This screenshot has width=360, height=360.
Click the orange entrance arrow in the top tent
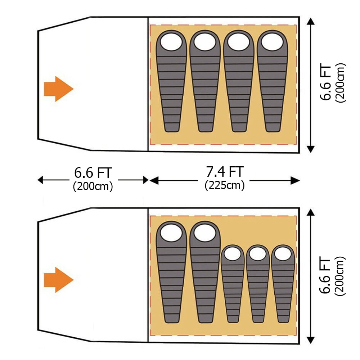click(x=59, y=89)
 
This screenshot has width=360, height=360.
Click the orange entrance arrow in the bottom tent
click(x=59, y=280)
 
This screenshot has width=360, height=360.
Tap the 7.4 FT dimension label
click(x=225, y=172)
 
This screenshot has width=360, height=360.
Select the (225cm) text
click(x=225, y=185)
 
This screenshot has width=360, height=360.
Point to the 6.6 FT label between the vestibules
click(x=93, y=173)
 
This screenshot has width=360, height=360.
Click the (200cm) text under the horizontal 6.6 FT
click(x=93, y=186)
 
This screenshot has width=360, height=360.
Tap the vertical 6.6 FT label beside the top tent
click(x=325, y=83)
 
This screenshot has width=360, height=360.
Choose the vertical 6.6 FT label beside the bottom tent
click(x=325, y=276)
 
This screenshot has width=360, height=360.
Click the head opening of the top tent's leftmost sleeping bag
click(x=171, y=42)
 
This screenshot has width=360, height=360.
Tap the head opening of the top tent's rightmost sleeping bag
click(x=272, y=42)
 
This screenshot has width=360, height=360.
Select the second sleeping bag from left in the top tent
click(x=205, y=81)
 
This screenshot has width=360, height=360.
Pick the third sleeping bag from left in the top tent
click(x=239, y=81)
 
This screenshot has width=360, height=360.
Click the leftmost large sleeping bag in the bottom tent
click(x=171, y=272)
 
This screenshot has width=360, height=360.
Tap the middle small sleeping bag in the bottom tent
click(x=258, y=284)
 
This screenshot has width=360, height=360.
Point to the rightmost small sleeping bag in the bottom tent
click(x=283, y=284)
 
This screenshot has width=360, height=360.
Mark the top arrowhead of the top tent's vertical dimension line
click(x=311, y=21)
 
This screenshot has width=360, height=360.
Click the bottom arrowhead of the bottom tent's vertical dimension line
click(x=311, y=340)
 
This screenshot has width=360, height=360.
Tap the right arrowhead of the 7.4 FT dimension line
click(x=296, y=180)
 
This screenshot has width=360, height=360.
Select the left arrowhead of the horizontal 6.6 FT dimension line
click(x=40, y=180)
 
